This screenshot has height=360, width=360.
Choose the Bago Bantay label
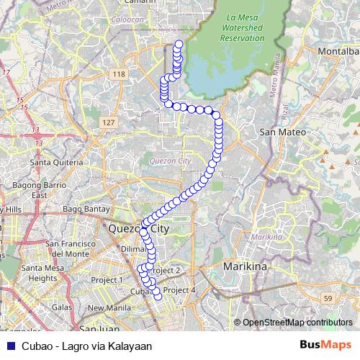[x=84, y=210]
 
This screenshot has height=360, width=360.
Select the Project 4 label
[x=179, y=290]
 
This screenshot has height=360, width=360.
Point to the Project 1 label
[x=106, y=279]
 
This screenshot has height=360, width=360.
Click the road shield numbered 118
[x=120, y=74]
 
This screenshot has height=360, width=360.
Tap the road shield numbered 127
[x=108, y=122]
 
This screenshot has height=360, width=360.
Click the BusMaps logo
[x=325, y=345]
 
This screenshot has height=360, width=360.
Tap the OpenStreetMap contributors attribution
[x=296, y=323]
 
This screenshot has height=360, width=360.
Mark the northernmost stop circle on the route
[x=179, y=45]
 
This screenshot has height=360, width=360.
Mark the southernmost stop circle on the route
[x=158, y=295]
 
